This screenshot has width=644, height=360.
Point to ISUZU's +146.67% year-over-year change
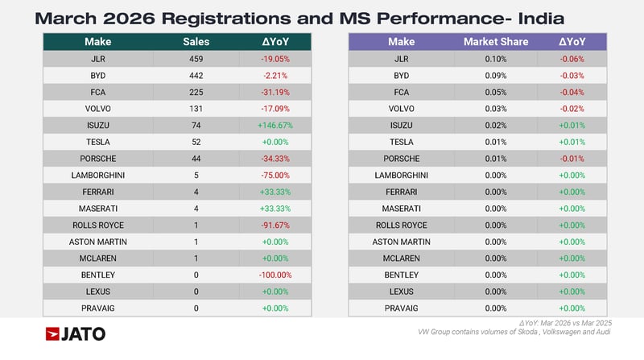coord(275,125)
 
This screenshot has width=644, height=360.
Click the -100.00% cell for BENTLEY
coord(275,275)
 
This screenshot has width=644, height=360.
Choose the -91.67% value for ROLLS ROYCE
coord(275,225)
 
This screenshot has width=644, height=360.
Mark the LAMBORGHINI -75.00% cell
coord(275,175)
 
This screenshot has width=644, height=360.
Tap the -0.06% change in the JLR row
coord(572,59)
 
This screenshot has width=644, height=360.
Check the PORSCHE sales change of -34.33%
coord(275,159)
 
